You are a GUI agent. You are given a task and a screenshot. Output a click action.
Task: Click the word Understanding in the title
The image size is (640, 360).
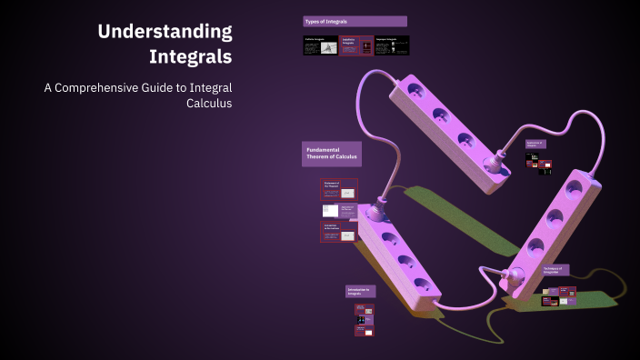pos(165,32)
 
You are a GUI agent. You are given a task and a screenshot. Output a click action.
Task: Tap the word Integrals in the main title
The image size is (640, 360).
pos(190,56)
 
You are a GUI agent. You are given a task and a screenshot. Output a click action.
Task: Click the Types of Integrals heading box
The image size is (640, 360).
pos(355,21)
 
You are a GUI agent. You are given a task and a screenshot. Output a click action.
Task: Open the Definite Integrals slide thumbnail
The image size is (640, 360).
pos(319,46)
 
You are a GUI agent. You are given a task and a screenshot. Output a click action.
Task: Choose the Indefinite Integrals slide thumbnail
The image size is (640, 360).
pos(355,46)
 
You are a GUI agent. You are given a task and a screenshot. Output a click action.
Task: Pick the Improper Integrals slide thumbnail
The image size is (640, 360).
pos(392,46)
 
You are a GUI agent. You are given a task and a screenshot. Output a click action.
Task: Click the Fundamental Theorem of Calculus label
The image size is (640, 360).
pos(331,155)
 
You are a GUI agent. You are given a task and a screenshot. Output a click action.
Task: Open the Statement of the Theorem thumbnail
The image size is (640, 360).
pos(338,189)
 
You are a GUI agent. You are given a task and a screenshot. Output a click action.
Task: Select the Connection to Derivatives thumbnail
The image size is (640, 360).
pos(338,232)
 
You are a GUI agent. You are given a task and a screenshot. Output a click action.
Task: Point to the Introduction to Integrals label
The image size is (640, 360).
pos(360,291)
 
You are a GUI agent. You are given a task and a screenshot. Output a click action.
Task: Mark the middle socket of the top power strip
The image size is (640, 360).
pos(440,115)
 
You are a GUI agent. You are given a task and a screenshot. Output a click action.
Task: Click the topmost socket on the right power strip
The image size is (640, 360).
pos(573,188)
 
